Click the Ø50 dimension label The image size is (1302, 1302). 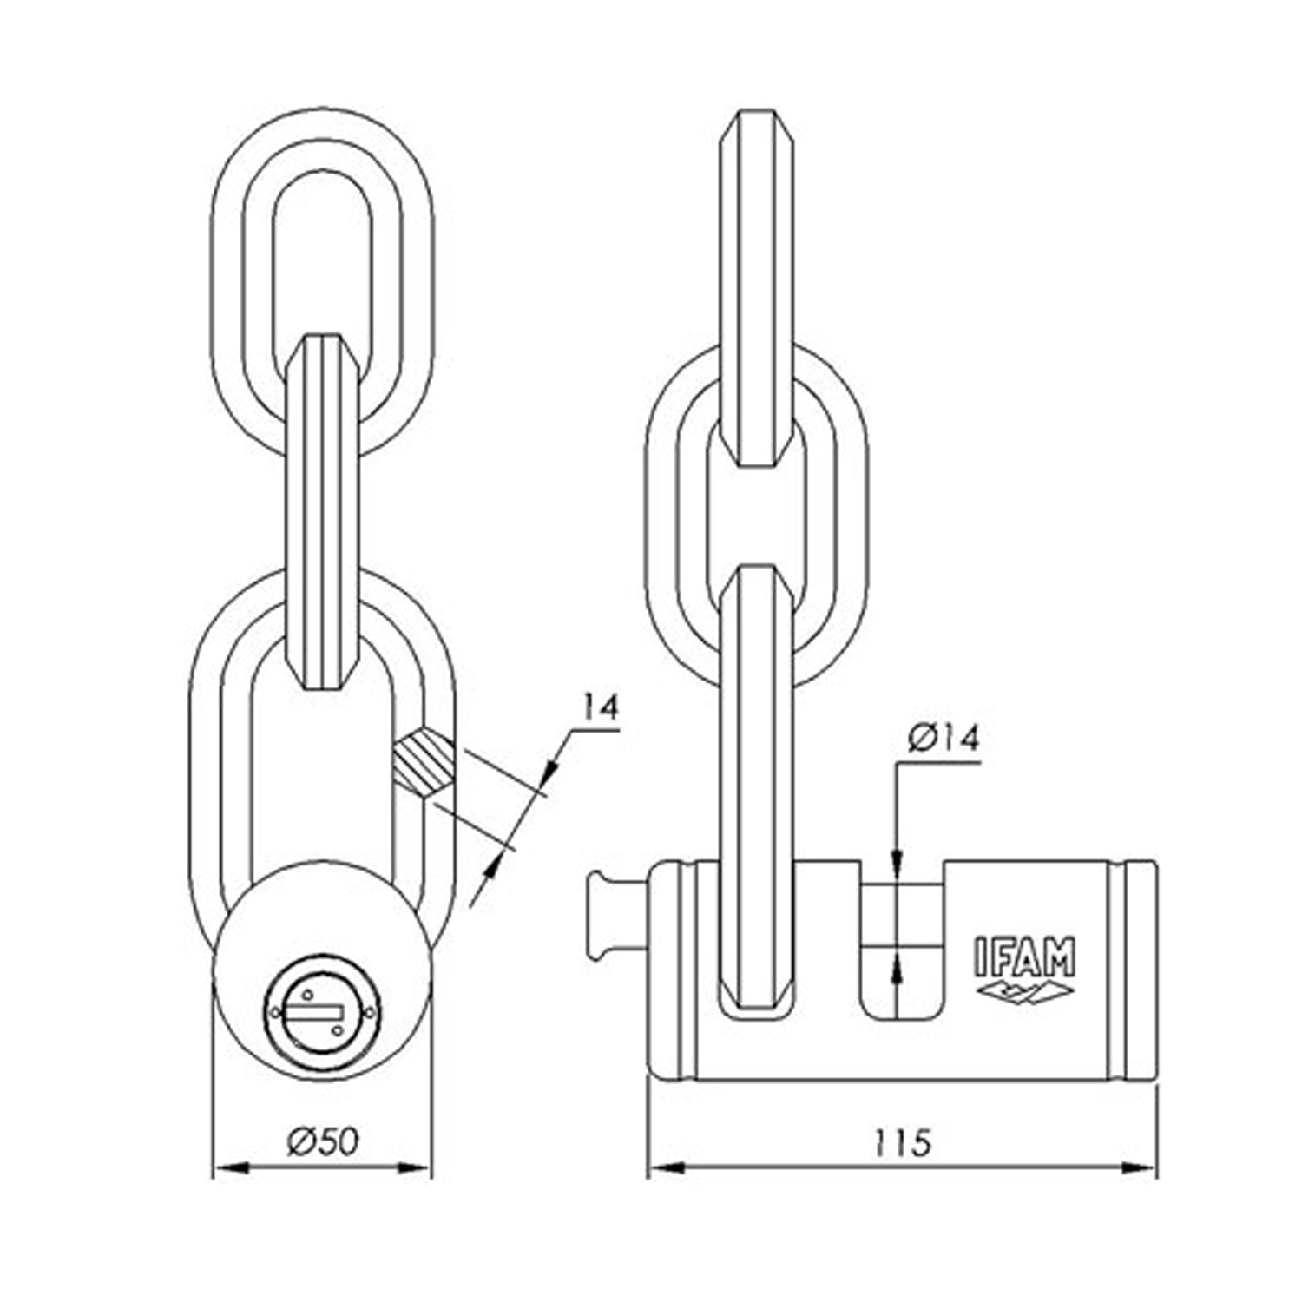point(322,1141)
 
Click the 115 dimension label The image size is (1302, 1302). point(904,1141)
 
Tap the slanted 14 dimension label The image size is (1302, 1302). point(600,707)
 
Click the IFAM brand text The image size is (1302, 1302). point(1022,956)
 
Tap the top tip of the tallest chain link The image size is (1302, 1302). point(756,111)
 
